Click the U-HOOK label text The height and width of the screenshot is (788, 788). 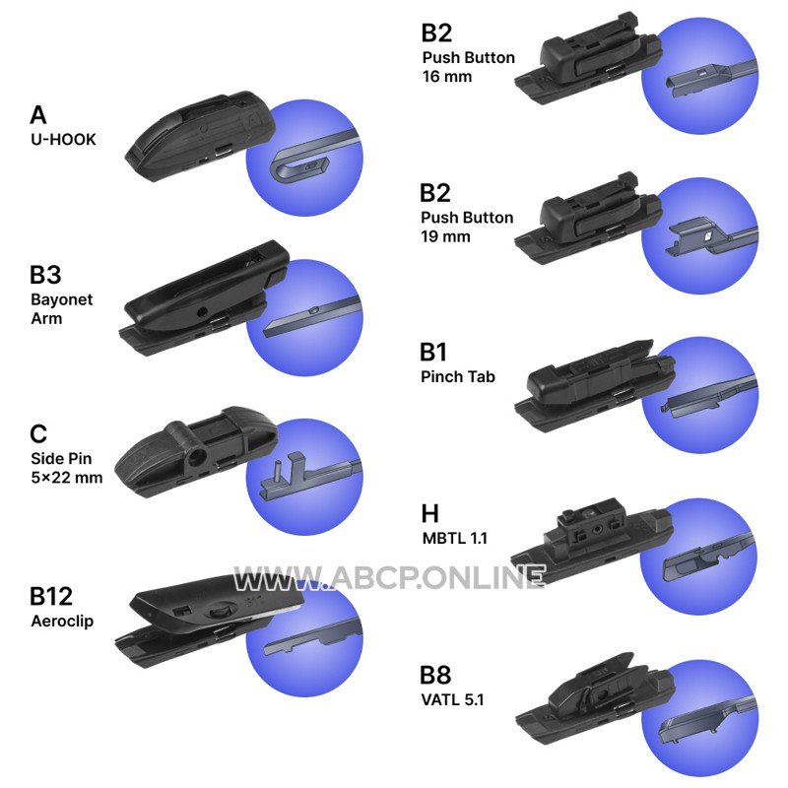tap(63, 139)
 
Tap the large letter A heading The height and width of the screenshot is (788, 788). tap(38, 115)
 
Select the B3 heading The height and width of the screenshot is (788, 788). tap(45, 275)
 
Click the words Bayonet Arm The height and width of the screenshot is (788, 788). tap(61, 308)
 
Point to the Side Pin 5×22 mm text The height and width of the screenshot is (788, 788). tap(66, 468)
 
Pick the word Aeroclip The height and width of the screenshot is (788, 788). tap(62, 622)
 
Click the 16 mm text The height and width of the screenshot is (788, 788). tap(447, 77)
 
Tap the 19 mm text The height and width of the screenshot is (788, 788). tap(446, 236)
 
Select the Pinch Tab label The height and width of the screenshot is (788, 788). tap(458, 376)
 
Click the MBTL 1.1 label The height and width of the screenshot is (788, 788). tap(455, 538)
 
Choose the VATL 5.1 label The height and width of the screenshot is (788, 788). tap(452, 699)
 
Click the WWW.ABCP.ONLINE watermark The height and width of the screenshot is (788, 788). tap(390, 577)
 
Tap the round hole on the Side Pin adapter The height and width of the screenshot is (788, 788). tap(196, 457)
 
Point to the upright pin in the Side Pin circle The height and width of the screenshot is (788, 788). tap(276, 472)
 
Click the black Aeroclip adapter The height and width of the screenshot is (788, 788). tap(209, 621)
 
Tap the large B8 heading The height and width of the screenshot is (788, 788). tap(435, 676)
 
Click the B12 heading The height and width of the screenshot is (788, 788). tap(51, 597)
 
